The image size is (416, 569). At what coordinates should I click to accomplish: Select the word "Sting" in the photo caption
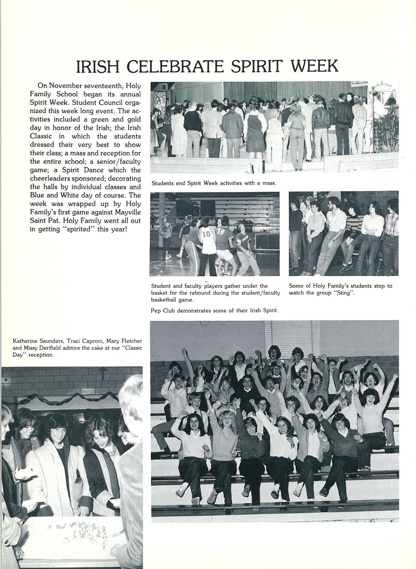(x=344, y=293)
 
